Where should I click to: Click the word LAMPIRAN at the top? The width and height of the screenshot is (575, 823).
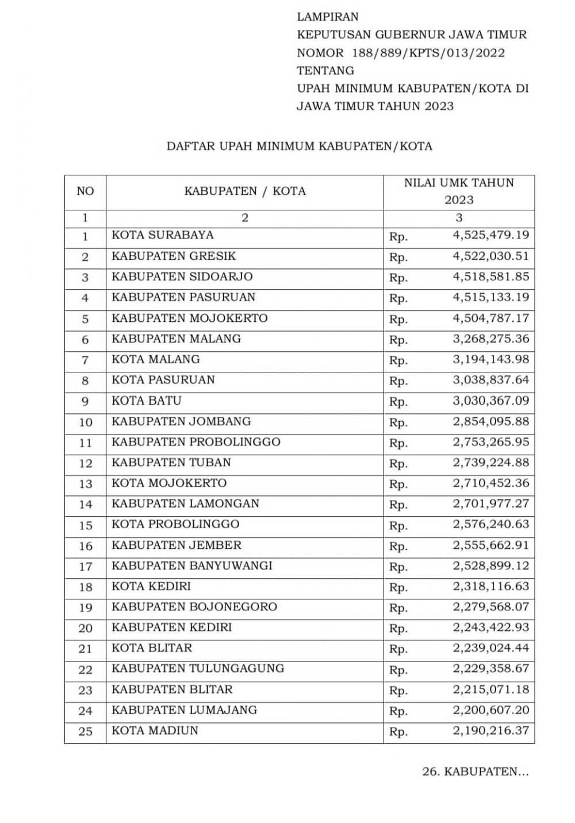[327, 17]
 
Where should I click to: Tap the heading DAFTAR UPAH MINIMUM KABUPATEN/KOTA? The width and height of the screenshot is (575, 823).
[299, 146]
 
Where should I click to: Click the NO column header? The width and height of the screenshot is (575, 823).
[85, 191]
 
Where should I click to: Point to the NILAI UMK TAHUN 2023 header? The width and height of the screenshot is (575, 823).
[459, 191]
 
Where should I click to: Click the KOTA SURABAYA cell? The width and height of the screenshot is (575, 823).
[163, 235]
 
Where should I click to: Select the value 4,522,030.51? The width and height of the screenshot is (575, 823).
[490, 256]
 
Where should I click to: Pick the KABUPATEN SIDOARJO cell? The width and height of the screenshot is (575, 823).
[182, 276]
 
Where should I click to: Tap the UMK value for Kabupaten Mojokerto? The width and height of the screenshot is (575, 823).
[490, 318]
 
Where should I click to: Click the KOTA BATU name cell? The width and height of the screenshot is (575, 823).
[147, 401]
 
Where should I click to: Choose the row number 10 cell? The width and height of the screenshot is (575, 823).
[85, 422]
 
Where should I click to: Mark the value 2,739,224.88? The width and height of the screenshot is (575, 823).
[490, 463]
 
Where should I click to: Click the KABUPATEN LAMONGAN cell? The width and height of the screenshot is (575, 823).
[186, 504]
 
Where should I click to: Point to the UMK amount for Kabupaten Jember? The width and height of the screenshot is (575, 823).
[490, 545]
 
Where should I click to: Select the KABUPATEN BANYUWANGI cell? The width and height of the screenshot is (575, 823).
[192, 566]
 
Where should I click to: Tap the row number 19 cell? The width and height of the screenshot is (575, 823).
[85, 608]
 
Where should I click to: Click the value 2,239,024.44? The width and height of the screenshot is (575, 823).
[490, 648]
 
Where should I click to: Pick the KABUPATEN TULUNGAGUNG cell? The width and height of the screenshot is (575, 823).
[198, 668]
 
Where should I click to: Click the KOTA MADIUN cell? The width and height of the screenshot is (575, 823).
[155, 730]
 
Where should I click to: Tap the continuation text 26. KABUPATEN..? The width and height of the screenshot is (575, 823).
[475, 772]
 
